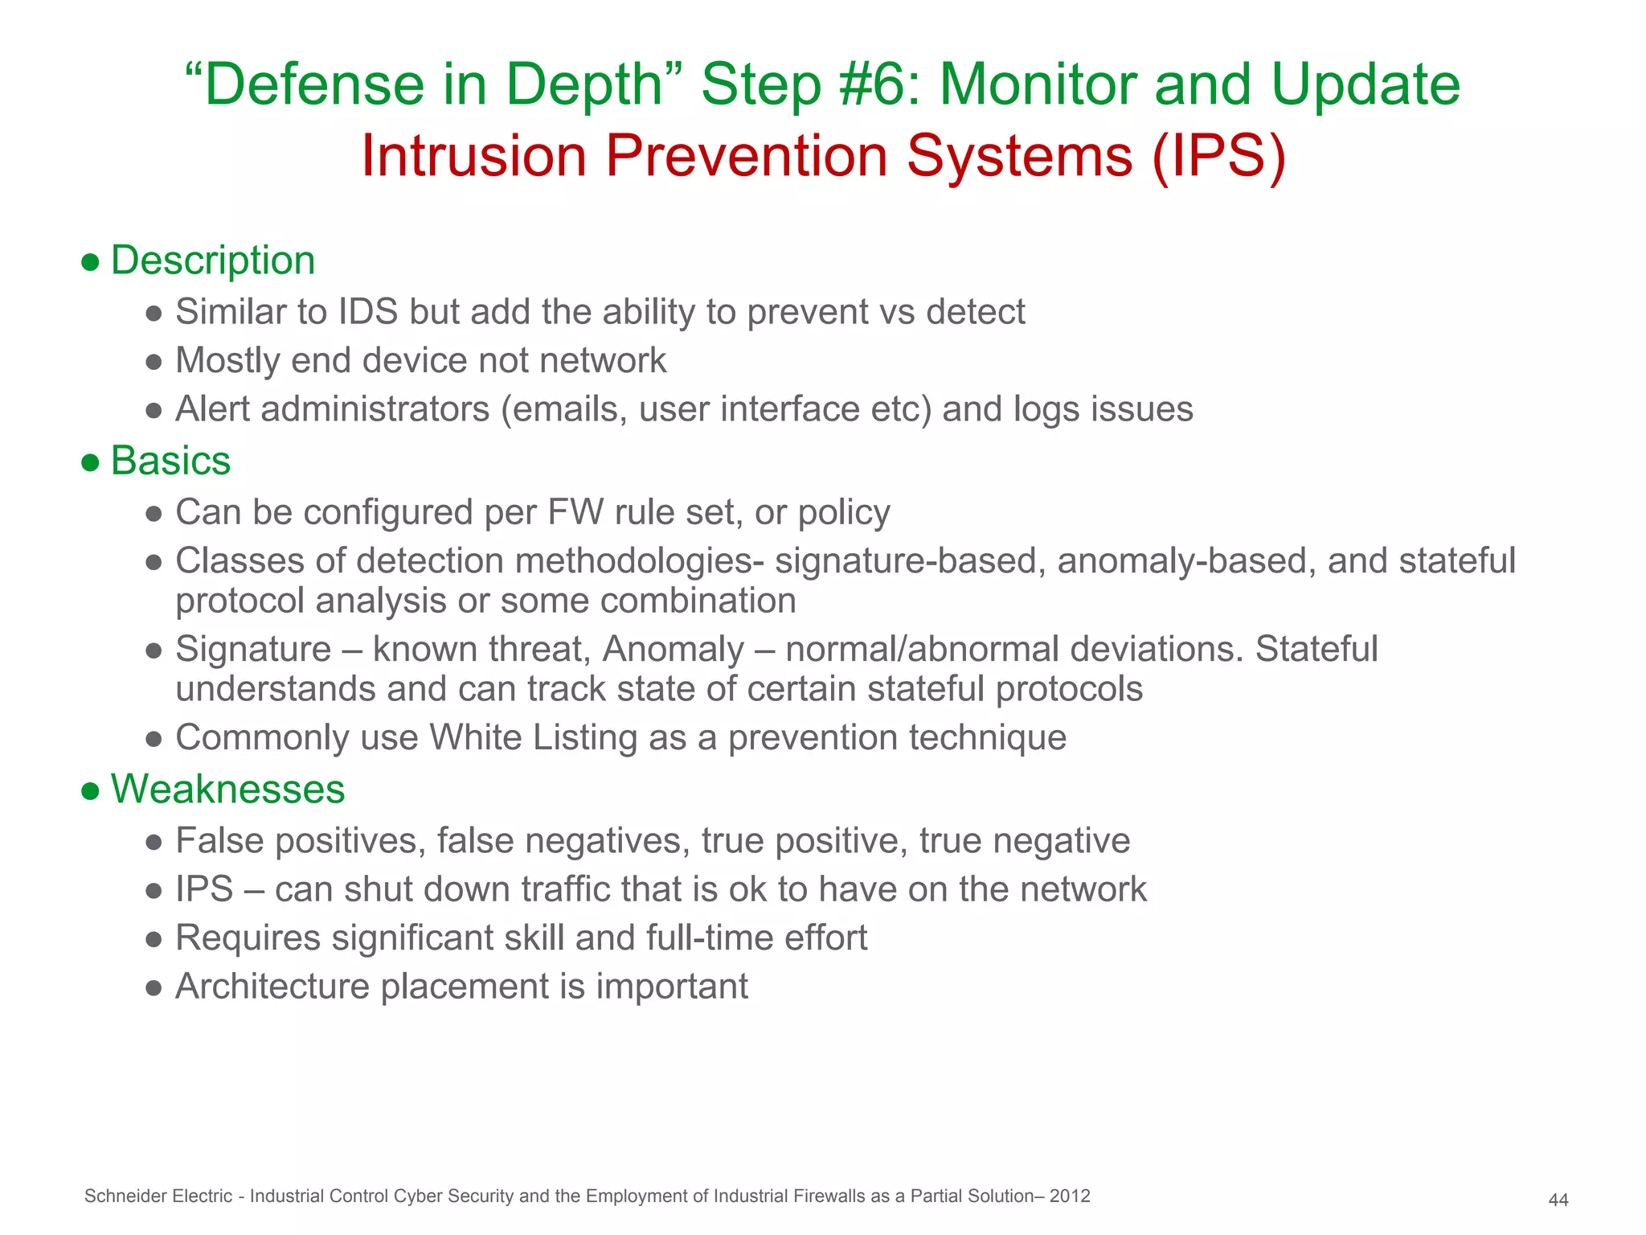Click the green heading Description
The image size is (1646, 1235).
click(x=212, y=261)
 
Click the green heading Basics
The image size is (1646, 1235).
click(x=170, y=461)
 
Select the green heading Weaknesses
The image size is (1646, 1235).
click(x=227, y=789)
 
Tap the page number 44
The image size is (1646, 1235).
click(x=1558, y=1200)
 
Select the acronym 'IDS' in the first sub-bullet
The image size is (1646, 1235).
click(x=368, y=312)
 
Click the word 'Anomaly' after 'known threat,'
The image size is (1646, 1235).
click(x=673, y=649)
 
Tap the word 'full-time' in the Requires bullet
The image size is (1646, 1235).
click(x=710, y=938)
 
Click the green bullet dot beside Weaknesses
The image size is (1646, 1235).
click(x=90, y=790)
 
